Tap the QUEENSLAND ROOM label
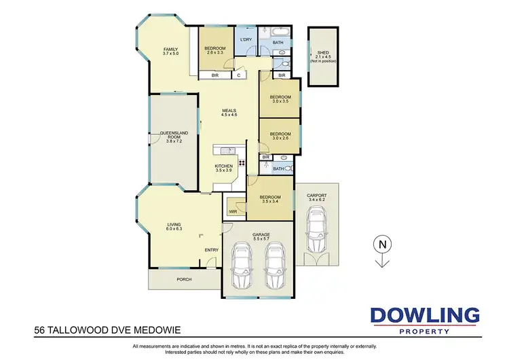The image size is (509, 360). [x=169, y=136]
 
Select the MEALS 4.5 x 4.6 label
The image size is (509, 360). [x=228, y=113]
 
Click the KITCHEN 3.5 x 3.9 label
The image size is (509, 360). [x=224, y=168]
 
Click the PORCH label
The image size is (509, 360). [x=184, y=278]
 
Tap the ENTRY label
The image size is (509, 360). [x=212, y=250]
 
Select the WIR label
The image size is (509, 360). [x=233, y=211]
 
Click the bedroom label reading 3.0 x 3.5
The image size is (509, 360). [x=280, y=99]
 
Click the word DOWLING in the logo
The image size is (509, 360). [x=424, y=315]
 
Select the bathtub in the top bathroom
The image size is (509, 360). [x=278, y=32]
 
